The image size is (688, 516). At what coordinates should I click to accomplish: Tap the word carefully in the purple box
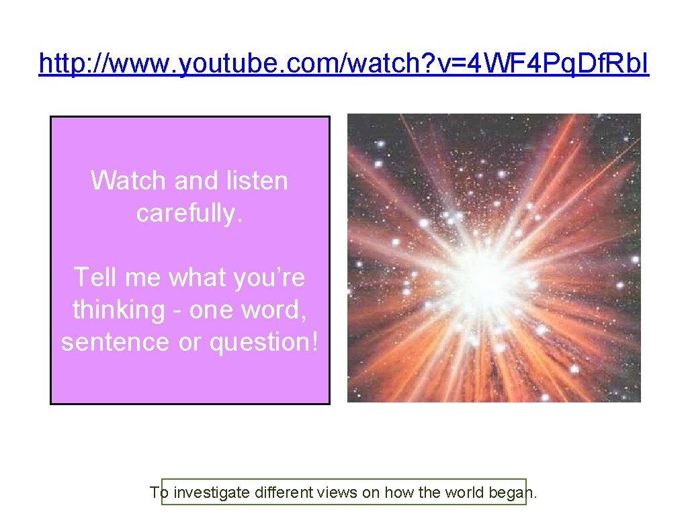[189, 213]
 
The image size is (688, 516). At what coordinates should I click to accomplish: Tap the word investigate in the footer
[212, 493]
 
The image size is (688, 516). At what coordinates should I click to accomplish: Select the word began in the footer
[511, 493]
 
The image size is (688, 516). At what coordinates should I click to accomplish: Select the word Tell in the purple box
[94, 277]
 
